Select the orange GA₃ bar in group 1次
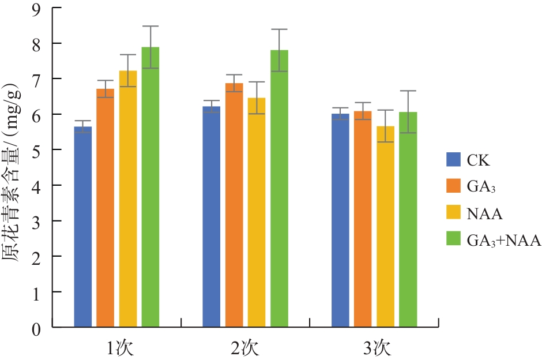click(x=105, y=208)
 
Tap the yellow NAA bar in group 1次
click(x=128, y=199)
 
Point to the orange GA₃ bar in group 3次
click(x=363, y=219)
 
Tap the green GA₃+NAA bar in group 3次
click(x=408, y=220)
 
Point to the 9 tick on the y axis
click(x=36, y=8)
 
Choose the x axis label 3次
click(x=375, y=348)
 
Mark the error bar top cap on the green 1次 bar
click(x=150, y=26)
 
